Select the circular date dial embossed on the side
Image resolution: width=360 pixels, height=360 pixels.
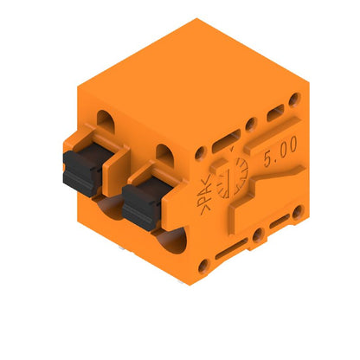[x=233, y=177]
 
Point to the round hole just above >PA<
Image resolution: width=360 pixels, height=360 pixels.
[x=202, y=153]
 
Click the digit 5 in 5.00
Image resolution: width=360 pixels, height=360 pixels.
[x=267, y=164]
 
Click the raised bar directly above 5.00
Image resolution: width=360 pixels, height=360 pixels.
[x=274, y=114]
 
